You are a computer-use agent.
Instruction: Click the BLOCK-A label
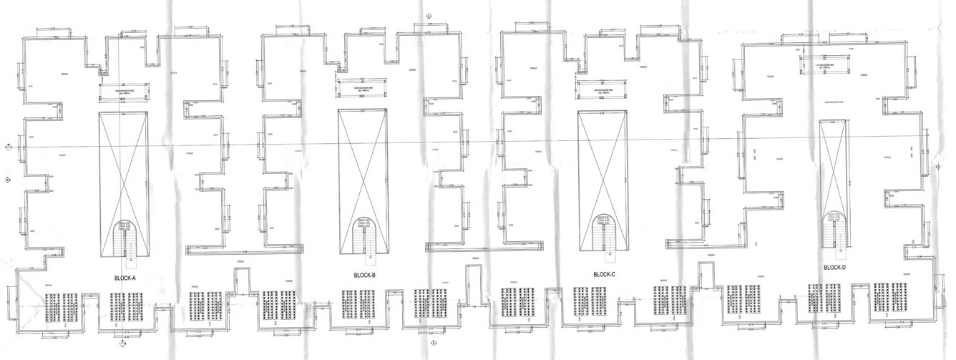coord(125,277)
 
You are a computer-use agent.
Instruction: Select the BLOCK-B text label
coord(365,276)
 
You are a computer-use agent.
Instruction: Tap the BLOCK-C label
coord(605,275)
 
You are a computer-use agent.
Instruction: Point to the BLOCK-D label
coord(834,268)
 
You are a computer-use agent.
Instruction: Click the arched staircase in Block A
coord(125,236)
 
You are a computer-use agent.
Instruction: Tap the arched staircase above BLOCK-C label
coord(605,234)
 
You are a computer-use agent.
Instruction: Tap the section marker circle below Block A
coord(123,343)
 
